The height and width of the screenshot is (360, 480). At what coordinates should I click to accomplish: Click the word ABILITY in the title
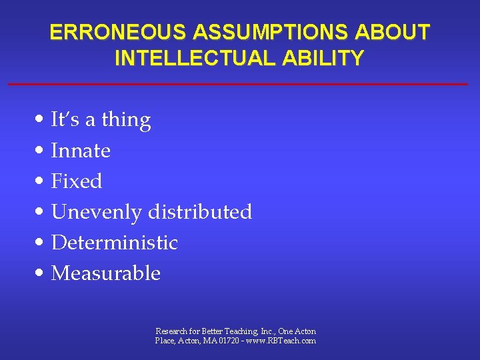[328, 58]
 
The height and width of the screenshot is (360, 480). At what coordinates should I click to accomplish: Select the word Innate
[81, 151]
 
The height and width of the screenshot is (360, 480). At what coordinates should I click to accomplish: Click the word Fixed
[77, 181]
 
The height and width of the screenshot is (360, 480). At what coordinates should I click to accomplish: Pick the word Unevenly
[97, 212]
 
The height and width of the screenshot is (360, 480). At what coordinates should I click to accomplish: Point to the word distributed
[200, 212]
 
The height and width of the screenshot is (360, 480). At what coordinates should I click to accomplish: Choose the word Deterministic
[115, 243]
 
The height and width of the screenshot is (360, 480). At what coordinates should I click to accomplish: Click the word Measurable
[106, 273]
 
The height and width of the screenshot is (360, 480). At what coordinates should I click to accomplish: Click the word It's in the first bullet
[65, 120]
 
